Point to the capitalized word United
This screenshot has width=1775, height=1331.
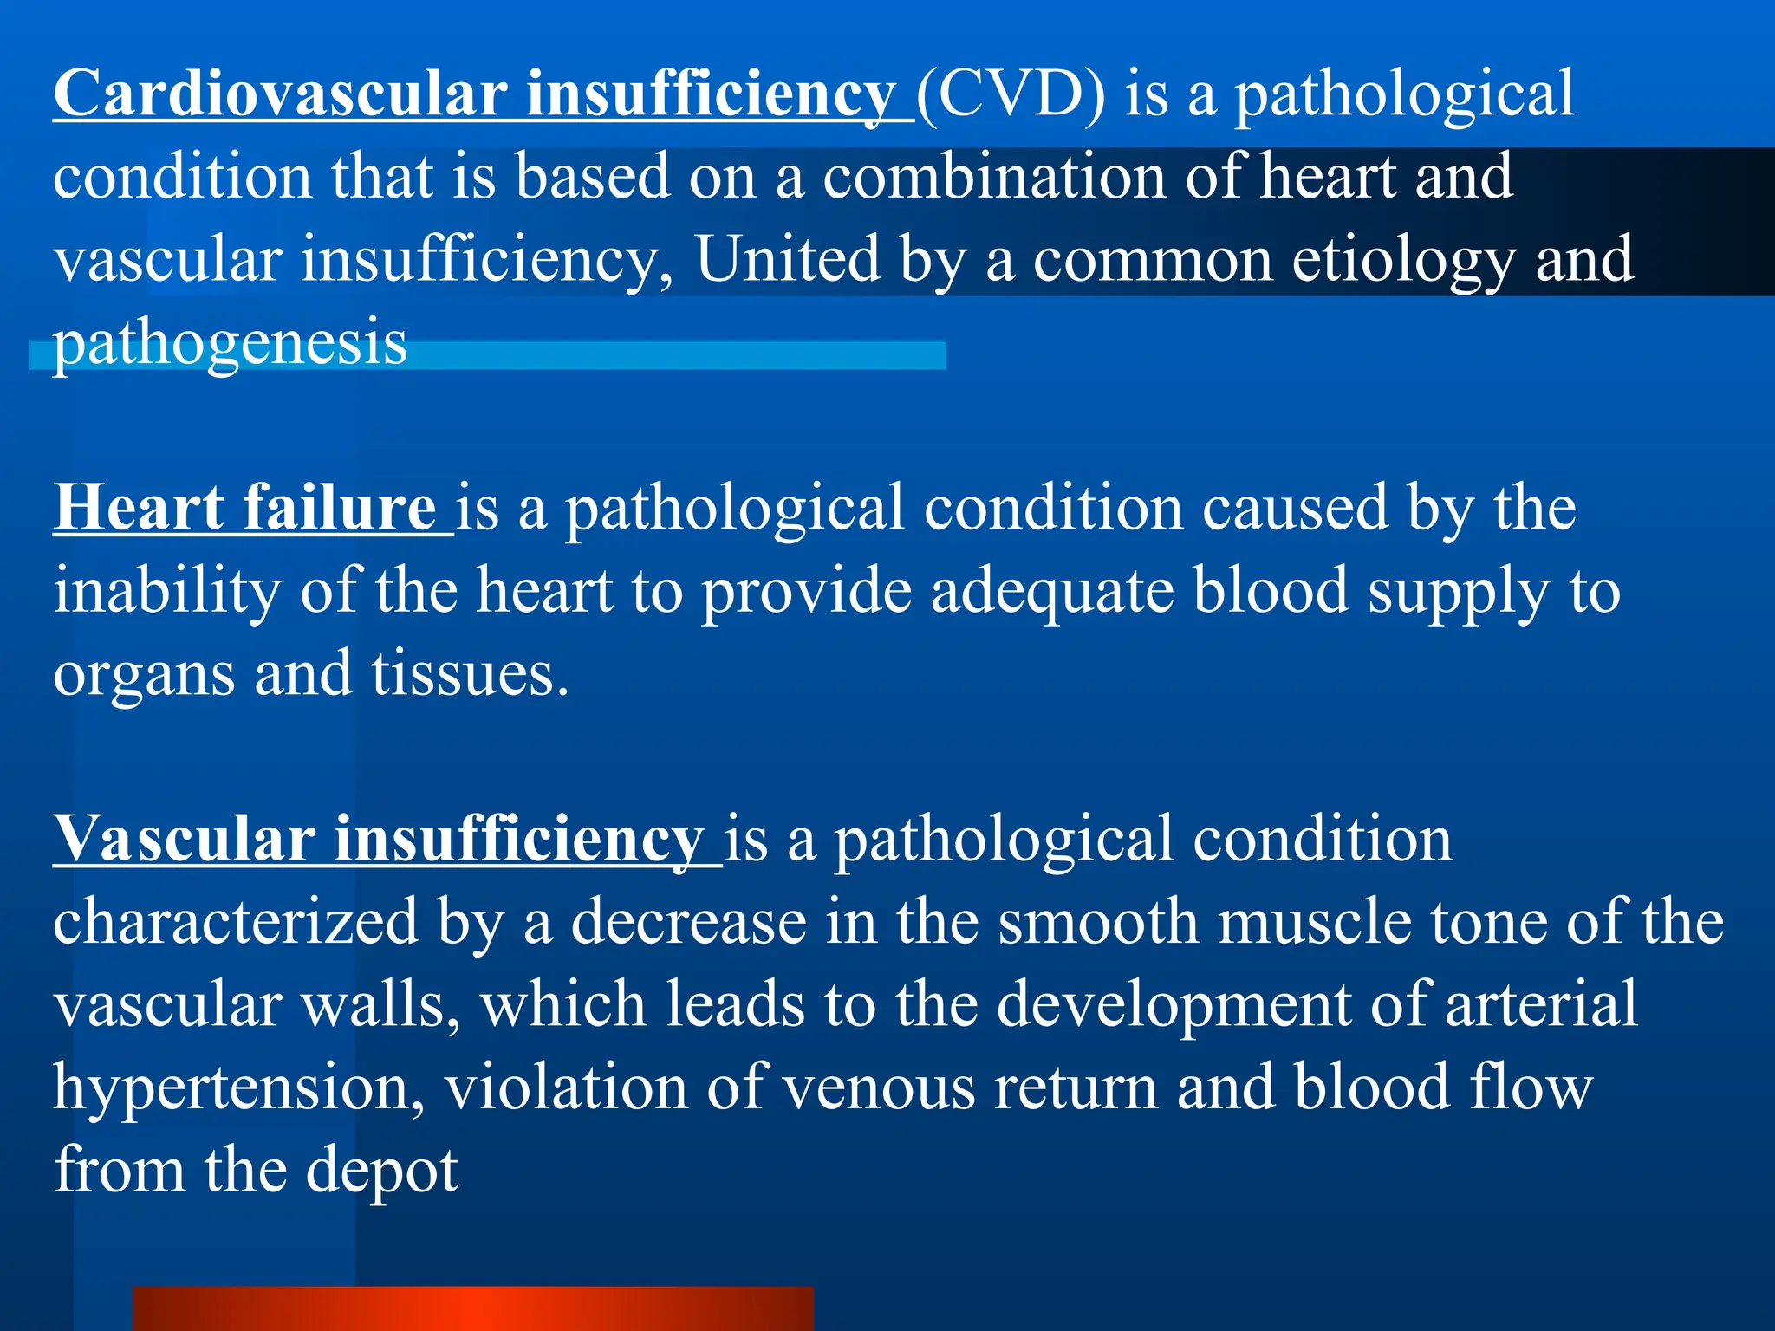coord(788,259)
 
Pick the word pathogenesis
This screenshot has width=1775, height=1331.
coord(230,343)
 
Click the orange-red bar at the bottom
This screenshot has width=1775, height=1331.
coord(473,1308)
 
